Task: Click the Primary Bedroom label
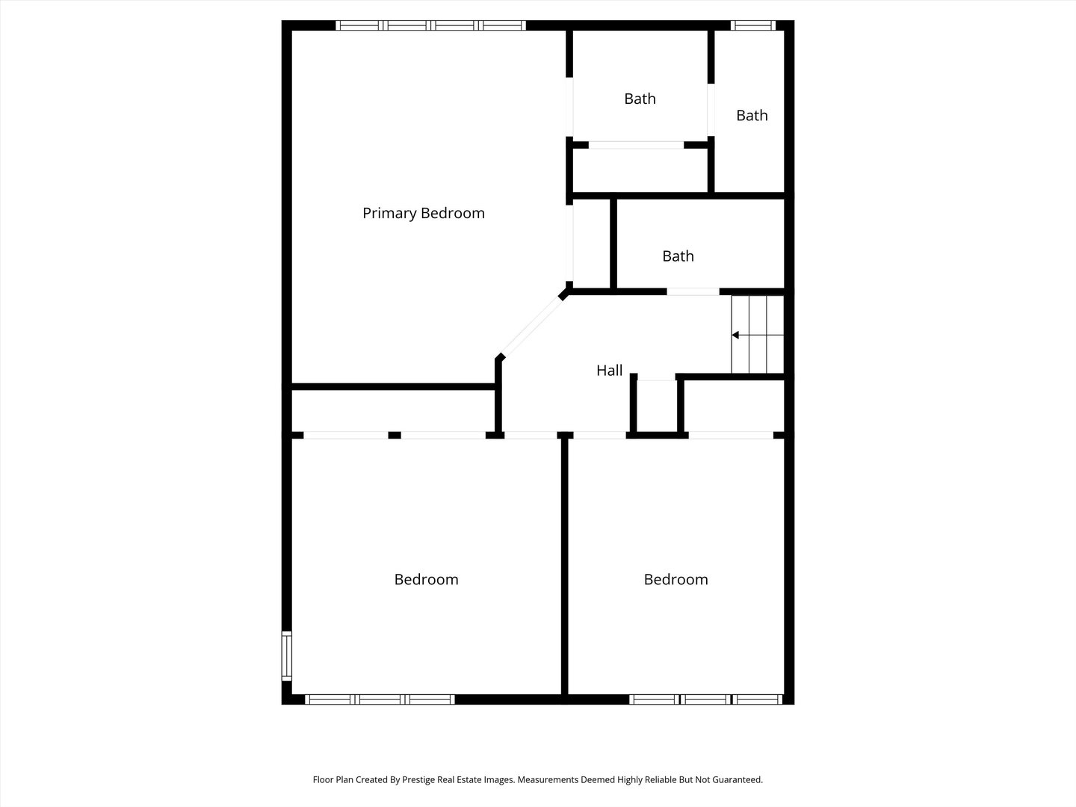pyautogui.click(x=423, y=214)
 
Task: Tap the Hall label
pyautogui.click(x=609, y=371)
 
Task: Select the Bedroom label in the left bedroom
pyautogui.click(x=426, y=580)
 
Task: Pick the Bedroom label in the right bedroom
pyautogui.click(x=675, y=580)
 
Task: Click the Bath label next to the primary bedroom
pyautogui.click(x=640, y=99)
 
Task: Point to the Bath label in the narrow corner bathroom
pyautogui.click(x=752, y=116)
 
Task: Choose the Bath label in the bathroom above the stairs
pyautogui.click(x=678, y=256)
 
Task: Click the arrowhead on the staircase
pyautogui.click(x=736, y=336)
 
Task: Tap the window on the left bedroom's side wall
pyautogui.click(x=286, y=656)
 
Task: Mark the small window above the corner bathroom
pyautogui.click(x=752, y=25)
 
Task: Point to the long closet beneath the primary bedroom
pyautogui.click(x=392, y=410)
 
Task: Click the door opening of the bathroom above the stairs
pyautogui.click(x=693, y=291)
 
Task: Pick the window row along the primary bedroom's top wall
pyautogui.click(x=431, y=25)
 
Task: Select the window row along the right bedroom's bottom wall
pyautogui.click(x=705, y=699)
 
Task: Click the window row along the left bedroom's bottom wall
pyautogui.click(x=380, y=699)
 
